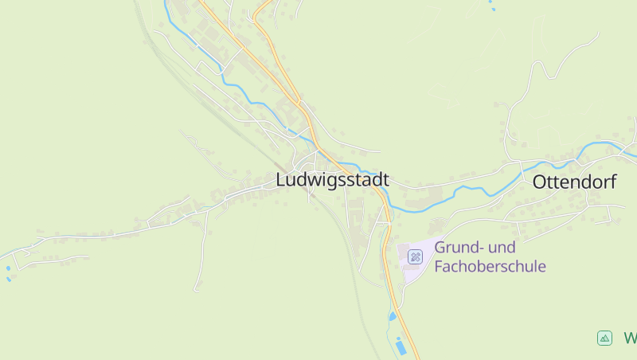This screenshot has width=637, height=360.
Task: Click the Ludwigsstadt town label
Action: click(x=332, y=181)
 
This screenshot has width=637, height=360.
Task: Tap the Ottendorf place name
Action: click(x=574, y=182)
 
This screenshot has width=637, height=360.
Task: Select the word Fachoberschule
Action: click(x=490, y=266)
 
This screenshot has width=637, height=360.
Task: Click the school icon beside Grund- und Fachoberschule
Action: click(x=415, y=256)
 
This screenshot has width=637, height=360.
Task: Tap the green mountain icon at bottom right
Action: click(x=604, y=338)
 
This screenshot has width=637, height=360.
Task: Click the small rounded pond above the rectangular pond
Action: click(x=392, y=317)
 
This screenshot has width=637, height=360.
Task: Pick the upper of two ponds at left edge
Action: click(x=9, y=268)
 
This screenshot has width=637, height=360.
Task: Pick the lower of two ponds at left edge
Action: click(x=9, y=279)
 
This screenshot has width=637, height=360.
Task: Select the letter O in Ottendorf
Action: click(x=539, y=182)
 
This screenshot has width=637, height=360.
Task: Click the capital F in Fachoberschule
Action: click(x=439, y=266)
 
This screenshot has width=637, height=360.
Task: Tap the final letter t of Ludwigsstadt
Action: click(x=385, y=181)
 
